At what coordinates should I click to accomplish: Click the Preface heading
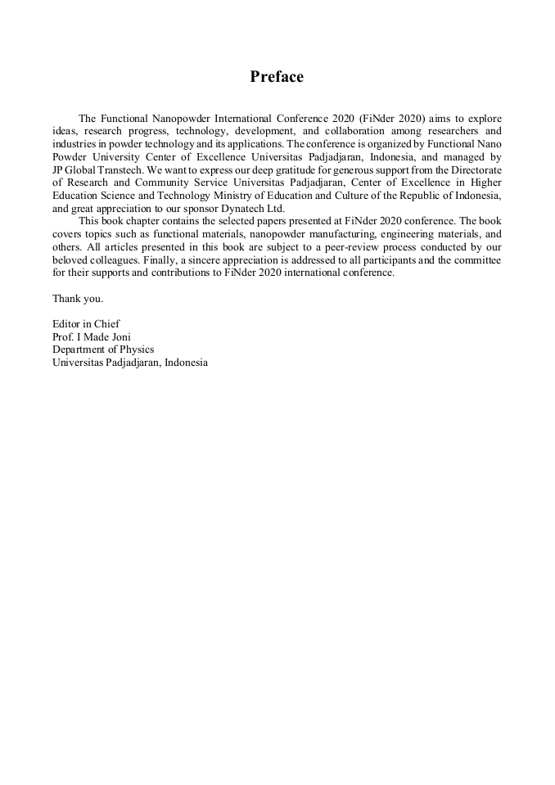pyautogui.click(x=277, y=77)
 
